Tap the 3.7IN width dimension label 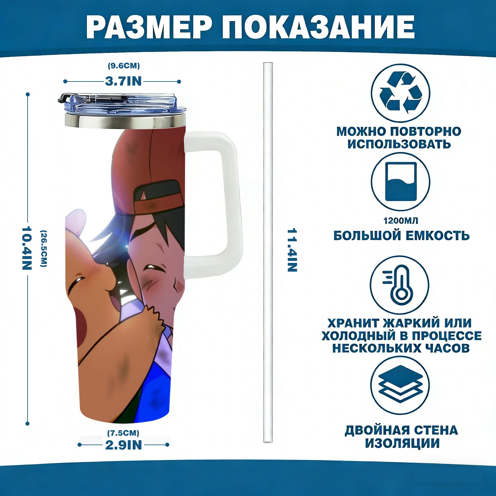[123, 81]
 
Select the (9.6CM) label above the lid [124, 66]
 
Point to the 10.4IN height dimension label [27, 248]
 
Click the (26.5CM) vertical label [44, 248]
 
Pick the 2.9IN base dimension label [123, 445]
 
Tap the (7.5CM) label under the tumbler [123, 433]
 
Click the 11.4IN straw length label [292, 250]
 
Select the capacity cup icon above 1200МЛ [401, 182]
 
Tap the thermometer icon [400, 285]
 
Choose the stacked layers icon [400, 385]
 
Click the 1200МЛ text [401, 221]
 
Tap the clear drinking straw [268, 253]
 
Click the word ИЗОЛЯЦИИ [402, 443]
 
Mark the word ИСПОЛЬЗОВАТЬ [399, 144]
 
